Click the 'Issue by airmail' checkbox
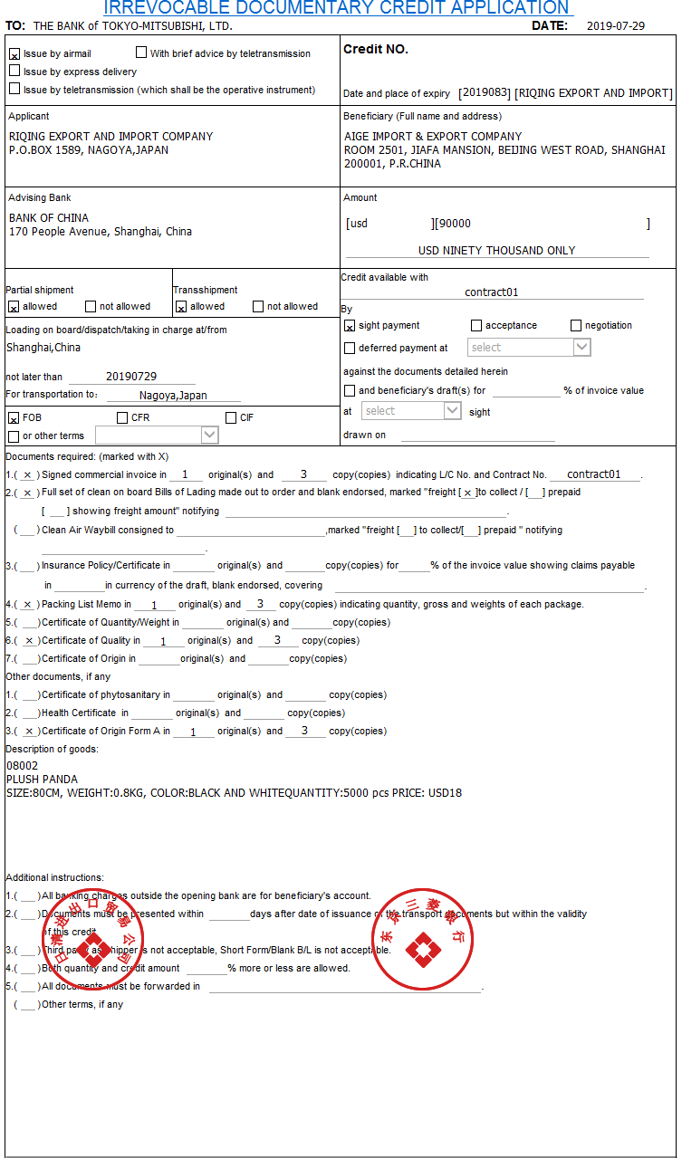(14, 54)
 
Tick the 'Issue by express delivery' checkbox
(14, 71)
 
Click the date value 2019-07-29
(616, 25)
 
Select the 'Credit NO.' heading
(376, 50)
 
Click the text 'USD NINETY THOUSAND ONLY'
(496, 251)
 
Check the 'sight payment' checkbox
(350, 326)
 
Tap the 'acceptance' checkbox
(476, 326)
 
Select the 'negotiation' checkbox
(576, 326)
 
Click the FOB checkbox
(14, 418)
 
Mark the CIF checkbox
(231, 418)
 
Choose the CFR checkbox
(122, 418)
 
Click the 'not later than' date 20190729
(131, 377)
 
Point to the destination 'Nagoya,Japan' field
(173, 396)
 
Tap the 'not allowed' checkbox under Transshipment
(258, 307)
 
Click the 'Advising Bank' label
(40, 197)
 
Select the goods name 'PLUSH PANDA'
(42, 780)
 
